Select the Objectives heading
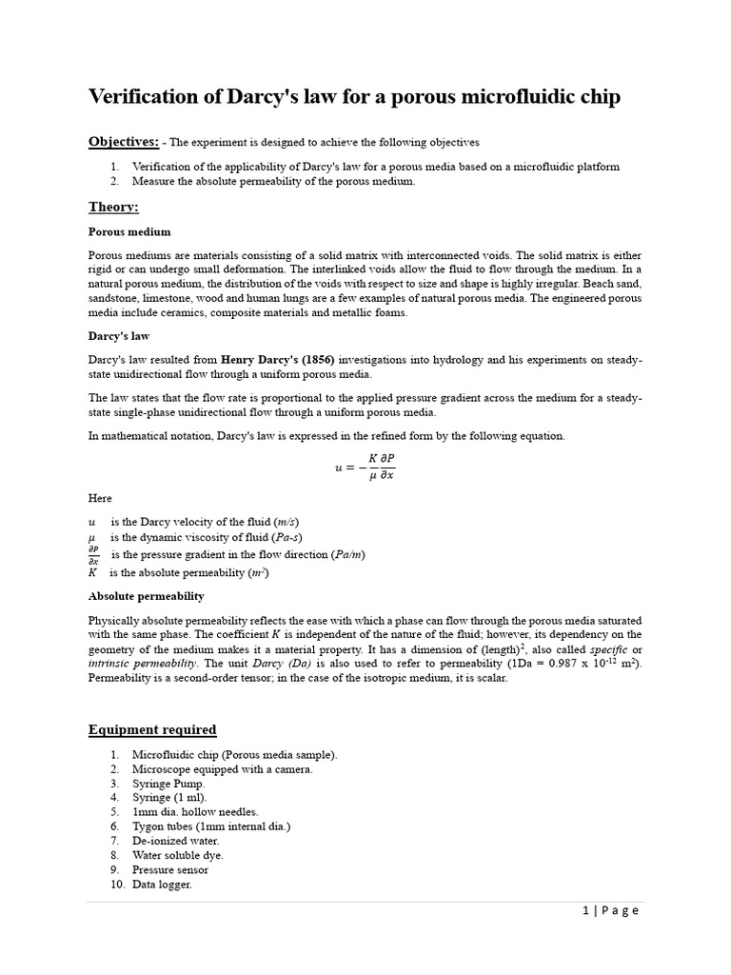124,142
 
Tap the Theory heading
113,207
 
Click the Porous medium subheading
129,231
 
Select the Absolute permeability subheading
146,596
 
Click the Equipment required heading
152,730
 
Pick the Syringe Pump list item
168,783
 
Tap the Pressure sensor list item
170,869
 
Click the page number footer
610,911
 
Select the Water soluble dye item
178,855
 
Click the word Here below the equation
100,498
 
